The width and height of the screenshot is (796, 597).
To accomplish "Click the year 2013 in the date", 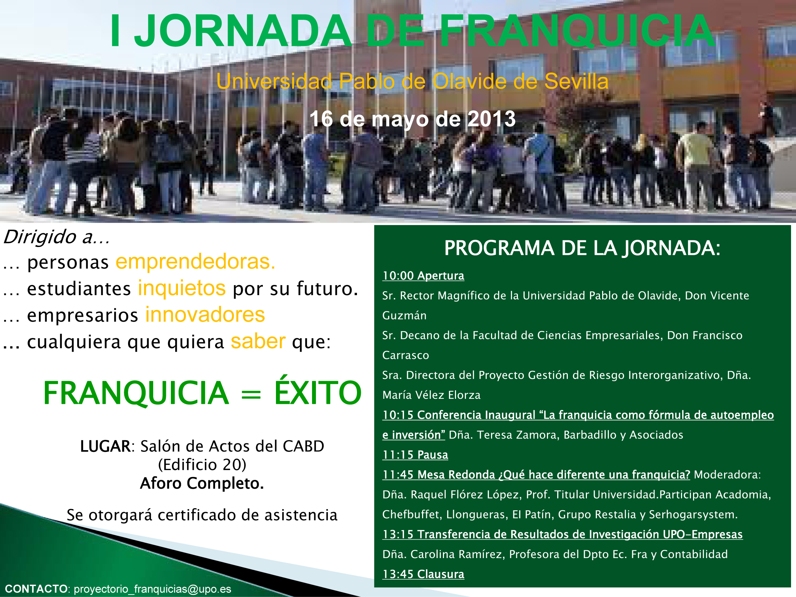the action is [491, 119].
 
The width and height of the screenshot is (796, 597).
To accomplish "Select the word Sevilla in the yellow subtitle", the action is [576, 81].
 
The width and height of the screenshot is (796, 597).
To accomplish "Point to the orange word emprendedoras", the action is [195, 262].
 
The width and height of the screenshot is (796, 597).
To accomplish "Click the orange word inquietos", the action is [182, 288].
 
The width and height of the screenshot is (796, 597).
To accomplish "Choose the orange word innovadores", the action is [205, 315].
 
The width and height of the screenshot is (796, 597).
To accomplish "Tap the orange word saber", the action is [258, 341].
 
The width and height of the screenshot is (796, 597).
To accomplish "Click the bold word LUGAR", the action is [105, 446].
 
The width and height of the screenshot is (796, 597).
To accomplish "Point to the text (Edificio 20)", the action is [202, 465].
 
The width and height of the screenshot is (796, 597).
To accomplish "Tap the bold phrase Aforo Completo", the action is [202, 483].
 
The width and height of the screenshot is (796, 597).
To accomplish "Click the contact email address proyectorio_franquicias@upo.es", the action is [152, 589].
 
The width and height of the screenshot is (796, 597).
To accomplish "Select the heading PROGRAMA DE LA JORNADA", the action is [582, 248].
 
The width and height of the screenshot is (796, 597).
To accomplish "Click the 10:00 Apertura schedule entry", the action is [423, 276].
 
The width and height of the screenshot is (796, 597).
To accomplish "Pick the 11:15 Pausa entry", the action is [415, 455].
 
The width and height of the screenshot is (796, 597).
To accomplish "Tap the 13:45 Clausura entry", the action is [423, 574].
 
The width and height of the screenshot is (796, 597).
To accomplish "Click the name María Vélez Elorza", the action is [432, 395].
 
